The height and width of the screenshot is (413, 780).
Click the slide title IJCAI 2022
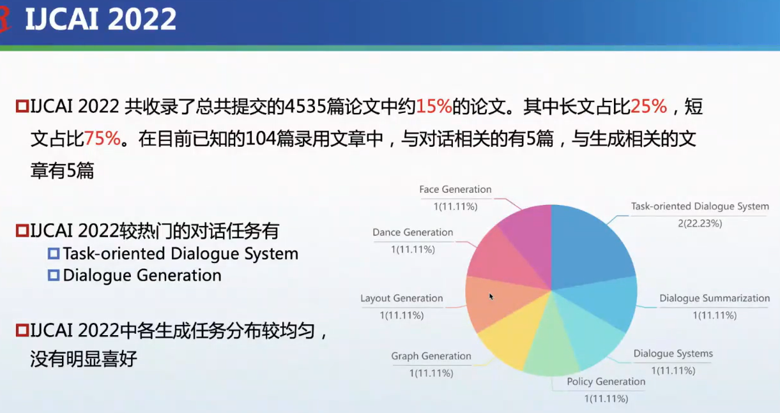tap(100, 20)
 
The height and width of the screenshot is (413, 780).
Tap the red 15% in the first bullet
tap(434, 107)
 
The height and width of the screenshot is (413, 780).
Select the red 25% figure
tap(648, 107)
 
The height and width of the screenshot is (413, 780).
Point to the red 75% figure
tap(102, 139)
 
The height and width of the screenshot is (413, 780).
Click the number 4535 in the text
tap(307, 107)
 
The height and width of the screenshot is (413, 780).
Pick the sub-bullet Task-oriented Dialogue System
tap(180, 253)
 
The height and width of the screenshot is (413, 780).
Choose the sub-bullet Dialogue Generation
tap(142, 275)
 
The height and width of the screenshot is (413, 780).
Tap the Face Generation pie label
tap(455, 190)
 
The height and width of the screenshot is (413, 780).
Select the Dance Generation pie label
tap(413, 232)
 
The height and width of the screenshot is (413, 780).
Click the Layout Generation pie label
tap(401, 298)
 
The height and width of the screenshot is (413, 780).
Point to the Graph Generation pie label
tap(431, 356)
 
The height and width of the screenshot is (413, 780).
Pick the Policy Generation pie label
tap(606, 382)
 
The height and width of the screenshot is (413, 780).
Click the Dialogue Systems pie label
tap(673, 354)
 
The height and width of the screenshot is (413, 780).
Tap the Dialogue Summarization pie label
tap(714, 298)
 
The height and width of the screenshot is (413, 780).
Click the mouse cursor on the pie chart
tap(490, 296)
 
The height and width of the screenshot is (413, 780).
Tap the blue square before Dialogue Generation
tap(54, 276)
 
